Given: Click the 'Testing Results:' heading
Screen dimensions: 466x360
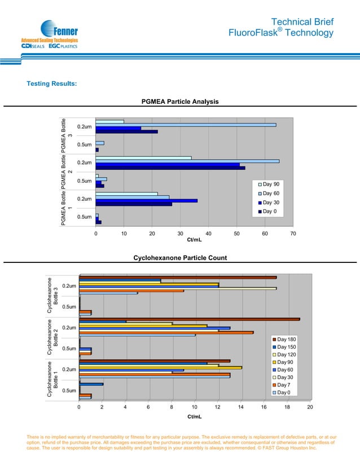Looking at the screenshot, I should click(x=52, y=84).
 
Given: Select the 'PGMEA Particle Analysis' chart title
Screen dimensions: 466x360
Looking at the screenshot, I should click(x=180, y=102).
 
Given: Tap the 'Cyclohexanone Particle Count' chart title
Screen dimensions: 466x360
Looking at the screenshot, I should click(x=180, y=258).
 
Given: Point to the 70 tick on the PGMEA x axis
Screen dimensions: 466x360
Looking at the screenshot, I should click(x=293, y=234).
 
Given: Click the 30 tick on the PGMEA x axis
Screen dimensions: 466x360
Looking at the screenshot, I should click(x=180, y=234).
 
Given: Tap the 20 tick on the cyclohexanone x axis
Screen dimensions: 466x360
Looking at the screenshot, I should click(x=310, y=406).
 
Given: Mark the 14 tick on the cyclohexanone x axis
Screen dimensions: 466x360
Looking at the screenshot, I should click(x=240, y=406).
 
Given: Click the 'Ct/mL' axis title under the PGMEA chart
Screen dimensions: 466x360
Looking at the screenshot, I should click(x=194, y=240).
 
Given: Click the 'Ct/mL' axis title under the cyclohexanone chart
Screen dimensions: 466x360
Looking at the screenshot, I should click(x=194, y=416).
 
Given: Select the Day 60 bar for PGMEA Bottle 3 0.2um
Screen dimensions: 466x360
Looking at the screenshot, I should click(x=186, y=125).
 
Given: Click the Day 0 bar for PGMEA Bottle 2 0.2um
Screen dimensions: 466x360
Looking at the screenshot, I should click(x=170, y=168).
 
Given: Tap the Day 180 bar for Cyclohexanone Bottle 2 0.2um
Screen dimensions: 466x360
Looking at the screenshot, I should click(x=189, y=319).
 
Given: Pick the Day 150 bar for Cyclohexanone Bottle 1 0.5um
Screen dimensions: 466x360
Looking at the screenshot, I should click(x=91, y=384).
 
